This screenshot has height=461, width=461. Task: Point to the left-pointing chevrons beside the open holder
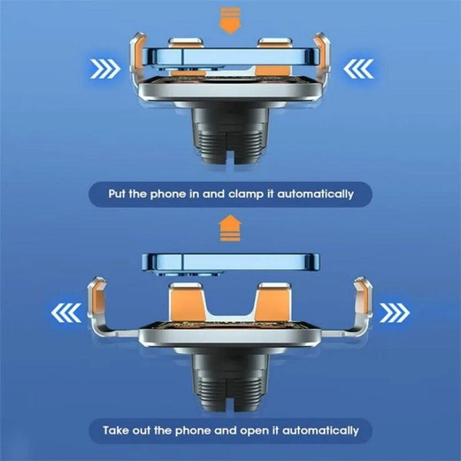click(67, 313)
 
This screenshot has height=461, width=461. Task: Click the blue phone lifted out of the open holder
click(231, 260)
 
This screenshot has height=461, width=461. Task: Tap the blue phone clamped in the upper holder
click(231, 58)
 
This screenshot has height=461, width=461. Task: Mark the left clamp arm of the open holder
click(99, 303)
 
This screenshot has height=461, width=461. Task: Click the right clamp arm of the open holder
click(363, 303)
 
